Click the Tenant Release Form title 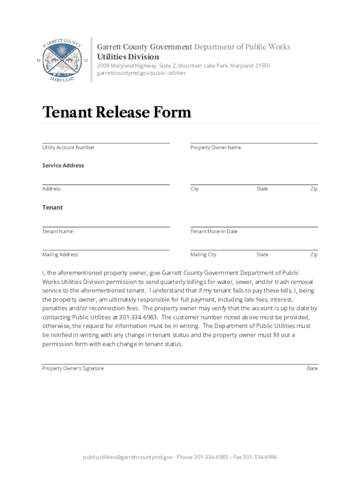point(116,112)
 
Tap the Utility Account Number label point(68,148)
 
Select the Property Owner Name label point(216,148)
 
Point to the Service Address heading point(63,166)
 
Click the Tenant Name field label point(58,232)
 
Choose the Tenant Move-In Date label point(214,232)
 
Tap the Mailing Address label point(60,255)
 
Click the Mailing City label point(203,255)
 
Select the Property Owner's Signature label point(73,369)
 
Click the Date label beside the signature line point(312,369)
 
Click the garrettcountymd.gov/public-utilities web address point(141,73)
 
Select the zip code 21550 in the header point(262,66)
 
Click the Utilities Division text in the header point(128,57)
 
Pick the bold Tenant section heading point(52,208)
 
